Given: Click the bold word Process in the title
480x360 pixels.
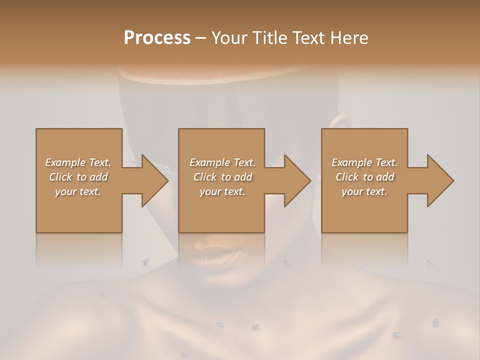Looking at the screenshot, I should [x=157, y=38].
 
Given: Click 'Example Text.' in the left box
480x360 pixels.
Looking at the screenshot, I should [x=78, y=162].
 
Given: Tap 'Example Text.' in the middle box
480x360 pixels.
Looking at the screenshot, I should [x=222, y=162].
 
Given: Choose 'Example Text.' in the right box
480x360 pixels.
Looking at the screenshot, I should [x=364, y=162].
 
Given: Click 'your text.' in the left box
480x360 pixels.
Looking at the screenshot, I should [x=78, y=191].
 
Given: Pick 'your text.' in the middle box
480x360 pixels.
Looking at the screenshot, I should [x=222, y=191].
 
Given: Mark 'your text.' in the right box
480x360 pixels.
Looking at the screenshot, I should [x=364, y=191].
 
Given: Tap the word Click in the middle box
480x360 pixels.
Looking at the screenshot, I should [x=205, y=177].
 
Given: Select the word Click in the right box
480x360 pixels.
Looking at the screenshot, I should [x=347, y=177].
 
